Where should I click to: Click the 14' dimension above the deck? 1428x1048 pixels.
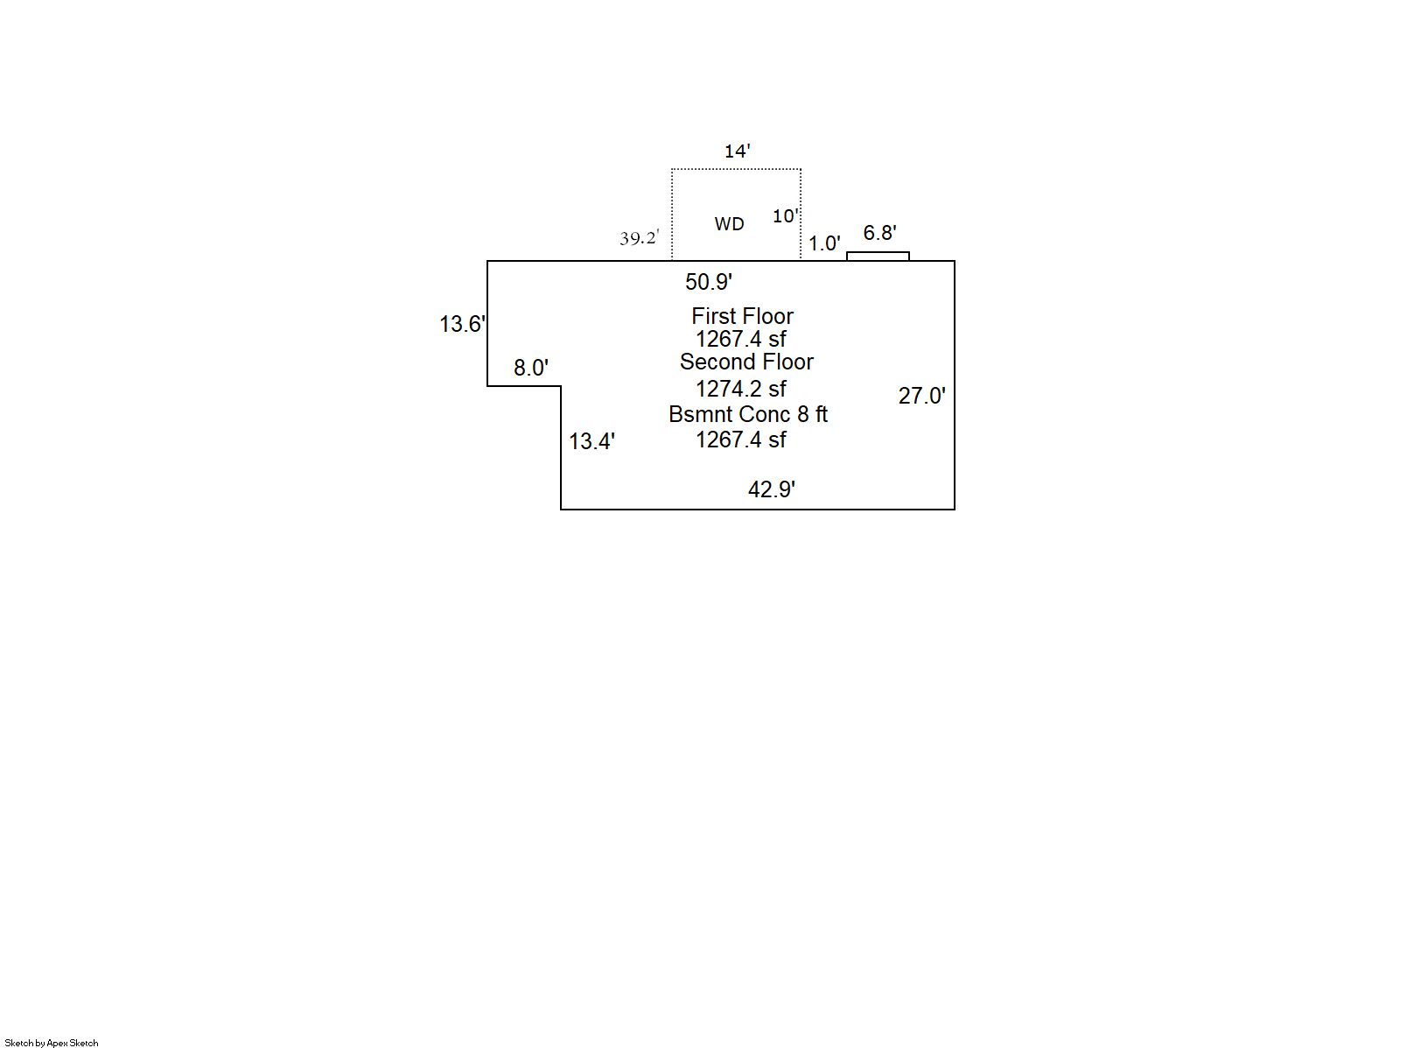pos(737,151)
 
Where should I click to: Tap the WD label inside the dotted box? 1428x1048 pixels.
pos(729,224)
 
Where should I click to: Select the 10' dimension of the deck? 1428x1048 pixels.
pos(785,215)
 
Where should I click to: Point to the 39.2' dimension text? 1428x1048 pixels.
pos(639,238)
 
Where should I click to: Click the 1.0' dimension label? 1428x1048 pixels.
pos(824,243)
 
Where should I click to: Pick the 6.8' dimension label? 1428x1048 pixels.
pos(879,233)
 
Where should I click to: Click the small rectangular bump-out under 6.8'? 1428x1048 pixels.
pos(878,257)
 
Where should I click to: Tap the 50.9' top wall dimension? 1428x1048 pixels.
pos(709,282)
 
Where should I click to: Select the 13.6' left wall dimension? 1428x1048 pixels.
pos(462,324)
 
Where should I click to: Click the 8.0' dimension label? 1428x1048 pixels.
pos(531,368)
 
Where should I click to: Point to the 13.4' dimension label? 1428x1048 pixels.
pos(592,441)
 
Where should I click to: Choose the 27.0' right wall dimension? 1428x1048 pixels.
pos(922,396)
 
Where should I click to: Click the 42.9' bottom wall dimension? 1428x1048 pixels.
pos(772,489)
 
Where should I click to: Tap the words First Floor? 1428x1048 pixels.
pos(742,316)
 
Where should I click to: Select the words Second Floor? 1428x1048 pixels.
pos(746,362)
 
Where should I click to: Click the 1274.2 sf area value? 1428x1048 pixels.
pos(741,388)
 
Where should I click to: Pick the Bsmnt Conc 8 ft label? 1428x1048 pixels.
pos(748,414)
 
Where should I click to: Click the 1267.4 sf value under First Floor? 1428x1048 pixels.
pos(741,339)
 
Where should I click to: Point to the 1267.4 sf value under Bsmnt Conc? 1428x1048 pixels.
pos(741,440)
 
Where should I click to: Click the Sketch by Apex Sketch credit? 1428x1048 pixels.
pos(52,1043)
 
